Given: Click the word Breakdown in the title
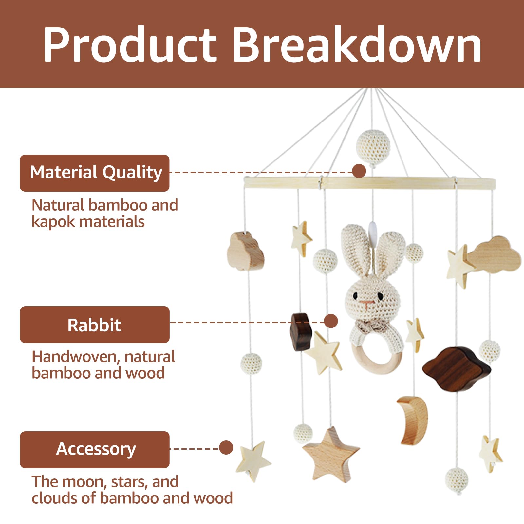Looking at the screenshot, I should pos(357,44).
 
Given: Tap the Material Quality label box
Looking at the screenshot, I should pos(95,173).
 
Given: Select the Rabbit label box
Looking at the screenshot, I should pos(95,325).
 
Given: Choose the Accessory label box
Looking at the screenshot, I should pos(95,449).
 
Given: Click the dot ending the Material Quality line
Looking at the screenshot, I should pos(359,171).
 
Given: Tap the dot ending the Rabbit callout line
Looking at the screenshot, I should pos(331,321).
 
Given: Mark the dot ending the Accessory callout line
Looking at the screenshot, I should pos(226,447).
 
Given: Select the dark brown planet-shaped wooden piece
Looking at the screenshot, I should pos(456,368).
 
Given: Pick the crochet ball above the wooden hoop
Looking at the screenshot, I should pos(373,146).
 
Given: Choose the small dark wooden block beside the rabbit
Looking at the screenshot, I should pos(301,331).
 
